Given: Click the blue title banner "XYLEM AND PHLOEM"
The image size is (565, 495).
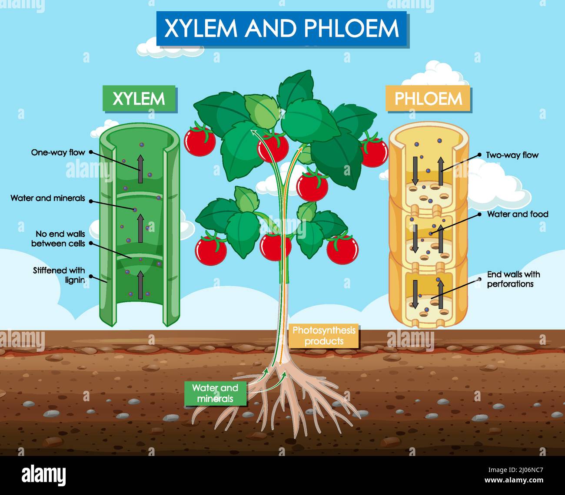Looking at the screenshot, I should pos(282,29).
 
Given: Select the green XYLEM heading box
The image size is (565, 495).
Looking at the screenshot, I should pos(139,99).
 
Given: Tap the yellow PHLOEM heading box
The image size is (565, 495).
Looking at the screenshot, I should pos(428,99).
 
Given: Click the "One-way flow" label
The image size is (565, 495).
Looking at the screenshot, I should pos(58,152).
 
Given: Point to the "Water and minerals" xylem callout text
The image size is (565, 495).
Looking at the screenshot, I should pos(48,198).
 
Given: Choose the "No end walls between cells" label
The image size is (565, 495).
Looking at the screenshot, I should pos(58,239).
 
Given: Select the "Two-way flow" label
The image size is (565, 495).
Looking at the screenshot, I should pos(512,155).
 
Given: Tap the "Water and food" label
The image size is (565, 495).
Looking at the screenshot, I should pos(517,214).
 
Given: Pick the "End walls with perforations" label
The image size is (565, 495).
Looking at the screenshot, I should pos(513,279).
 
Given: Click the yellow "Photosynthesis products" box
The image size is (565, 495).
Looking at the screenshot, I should pos(324,336).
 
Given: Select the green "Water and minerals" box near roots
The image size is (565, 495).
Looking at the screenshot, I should pos(215,393).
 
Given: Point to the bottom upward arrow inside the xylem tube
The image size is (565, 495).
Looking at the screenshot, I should pos(141,285).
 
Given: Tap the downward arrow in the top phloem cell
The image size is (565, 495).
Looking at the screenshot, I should pos(415,170).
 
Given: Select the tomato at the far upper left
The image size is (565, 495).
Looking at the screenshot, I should pos(200,140).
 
